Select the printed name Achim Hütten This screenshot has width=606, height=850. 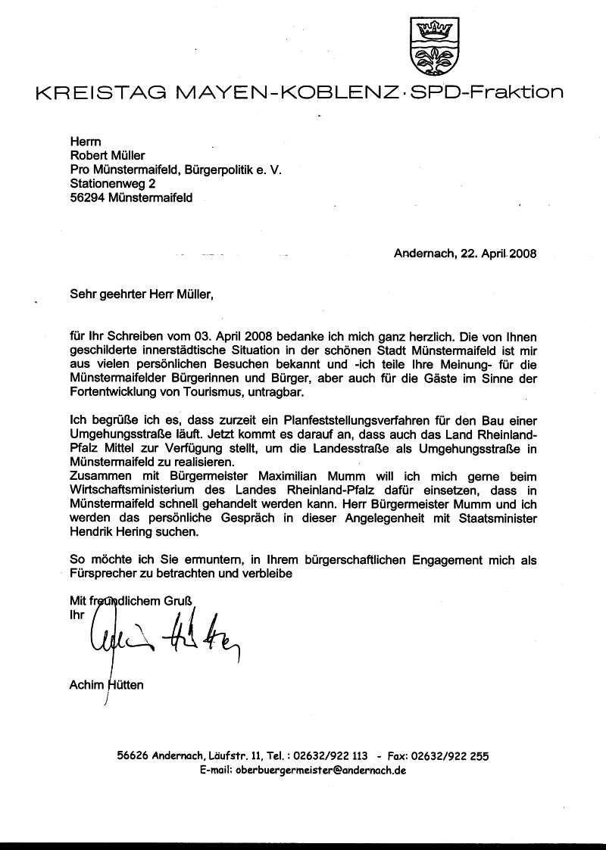106,686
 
